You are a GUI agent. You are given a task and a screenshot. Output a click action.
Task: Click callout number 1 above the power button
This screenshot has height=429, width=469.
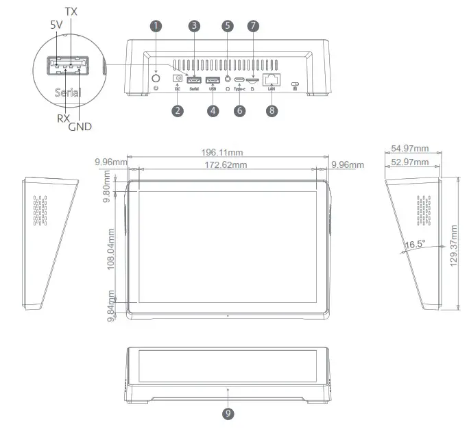156,25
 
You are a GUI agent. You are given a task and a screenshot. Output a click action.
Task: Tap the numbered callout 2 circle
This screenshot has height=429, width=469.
178,110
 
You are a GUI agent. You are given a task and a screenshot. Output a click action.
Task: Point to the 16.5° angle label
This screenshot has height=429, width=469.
415,244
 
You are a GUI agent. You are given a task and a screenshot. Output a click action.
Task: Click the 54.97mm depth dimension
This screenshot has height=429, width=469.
409,149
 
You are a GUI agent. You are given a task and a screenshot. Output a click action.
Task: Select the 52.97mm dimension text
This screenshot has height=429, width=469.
409,162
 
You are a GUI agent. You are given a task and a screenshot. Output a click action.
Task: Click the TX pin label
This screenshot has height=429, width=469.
70,12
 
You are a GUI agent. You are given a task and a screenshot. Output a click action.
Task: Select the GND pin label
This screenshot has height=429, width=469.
80,127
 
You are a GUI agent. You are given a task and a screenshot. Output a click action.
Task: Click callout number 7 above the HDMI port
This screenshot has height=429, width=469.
254,25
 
